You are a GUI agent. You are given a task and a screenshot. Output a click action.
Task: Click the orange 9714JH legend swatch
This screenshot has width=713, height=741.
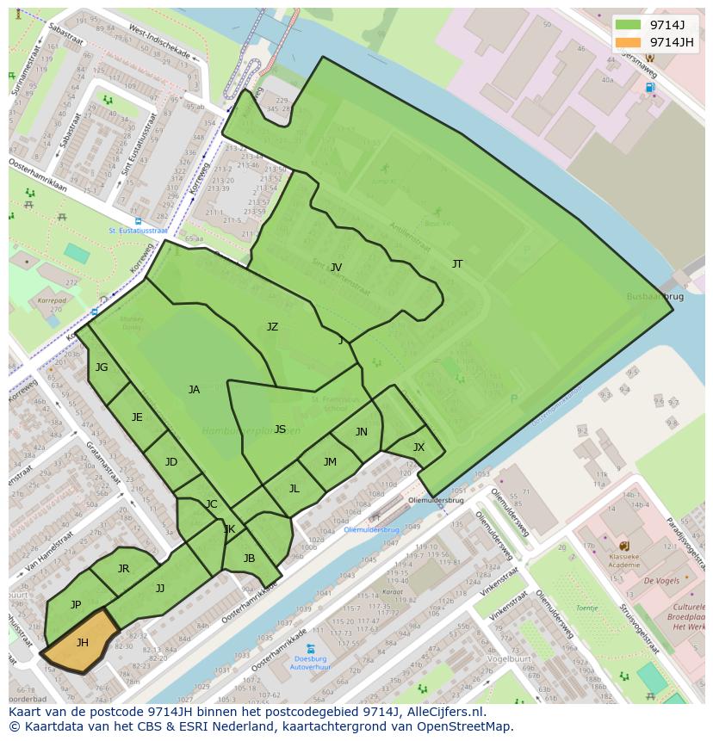coord(629,42)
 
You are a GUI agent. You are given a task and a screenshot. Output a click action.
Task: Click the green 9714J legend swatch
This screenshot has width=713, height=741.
coord(629,24)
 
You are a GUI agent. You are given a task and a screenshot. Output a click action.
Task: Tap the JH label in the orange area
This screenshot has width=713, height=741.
coord(83,643)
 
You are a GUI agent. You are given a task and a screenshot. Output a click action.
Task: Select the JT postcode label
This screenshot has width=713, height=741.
coord(457,264)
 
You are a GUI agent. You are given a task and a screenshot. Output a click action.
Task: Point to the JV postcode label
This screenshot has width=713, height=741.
coord(337,268)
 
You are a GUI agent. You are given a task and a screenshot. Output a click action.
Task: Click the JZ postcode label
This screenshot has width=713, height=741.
coord(272,327)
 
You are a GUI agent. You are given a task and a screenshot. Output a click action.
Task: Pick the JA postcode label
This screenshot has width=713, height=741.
coord(194,390)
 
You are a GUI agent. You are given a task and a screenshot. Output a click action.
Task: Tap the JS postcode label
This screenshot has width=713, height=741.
coord(280,429)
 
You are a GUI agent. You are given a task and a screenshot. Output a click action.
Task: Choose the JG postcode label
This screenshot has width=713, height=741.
coord(102,367)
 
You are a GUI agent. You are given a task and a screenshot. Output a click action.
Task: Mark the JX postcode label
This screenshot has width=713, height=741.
coord(418,448)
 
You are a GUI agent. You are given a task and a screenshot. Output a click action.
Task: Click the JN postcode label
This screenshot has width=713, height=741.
coord(362,432)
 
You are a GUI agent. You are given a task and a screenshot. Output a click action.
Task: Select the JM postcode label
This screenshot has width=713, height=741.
coord(330,462)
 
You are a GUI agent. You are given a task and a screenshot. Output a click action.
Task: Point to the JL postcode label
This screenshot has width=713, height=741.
coord(294,489)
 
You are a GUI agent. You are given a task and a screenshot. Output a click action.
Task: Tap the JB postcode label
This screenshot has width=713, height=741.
coord(249,559)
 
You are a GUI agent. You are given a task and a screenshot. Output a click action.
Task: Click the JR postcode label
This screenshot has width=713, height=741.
coord(123,569)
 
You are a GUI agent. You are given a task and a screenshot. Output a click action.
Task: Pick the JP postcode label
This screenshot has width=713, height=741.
coord(76,605)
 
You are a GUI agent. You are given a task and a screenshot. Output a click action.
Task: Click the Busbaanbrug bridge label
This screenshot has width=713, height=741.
coord(655,296)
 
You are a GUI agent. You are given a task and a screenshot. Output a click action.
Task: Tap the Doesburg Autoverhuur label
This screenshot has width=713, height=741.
coord(310,662)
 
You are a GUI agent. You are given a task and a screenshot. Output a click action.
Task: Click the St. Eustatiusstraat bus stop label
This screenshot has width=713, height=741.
coord(138,231)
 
